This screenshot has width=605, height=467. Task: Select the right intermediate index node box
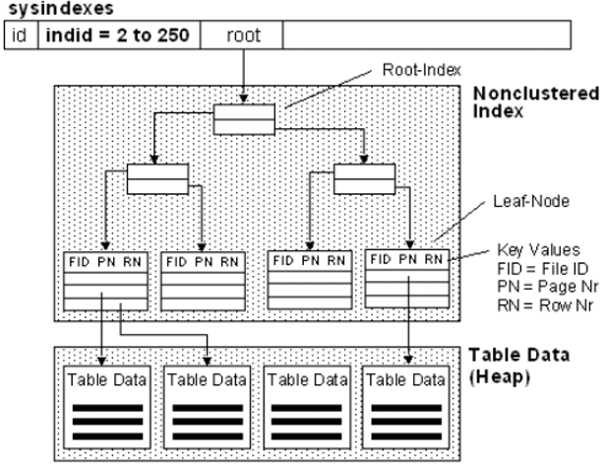click(363, 179)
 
